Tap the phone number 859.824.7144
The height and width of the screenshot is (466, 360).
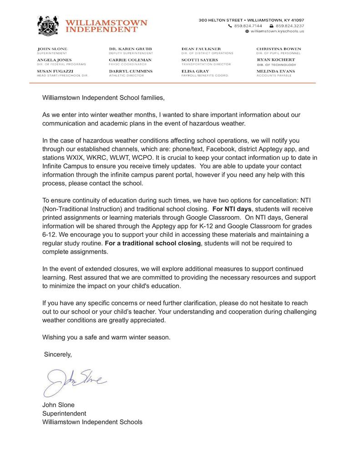pos(248,26)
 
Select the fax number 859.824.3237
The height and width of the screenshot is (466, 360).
pos(290,26)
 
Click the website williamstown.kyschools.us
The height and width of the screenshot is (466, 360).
pos(277,31)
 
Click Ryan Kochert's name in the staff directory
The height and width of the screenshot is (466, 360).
pos(276,60)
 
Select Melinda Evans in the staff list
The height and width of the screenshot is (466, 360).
pos(275,71)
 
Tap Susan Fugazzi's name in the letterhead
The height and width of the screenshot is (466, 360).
pos(53,71)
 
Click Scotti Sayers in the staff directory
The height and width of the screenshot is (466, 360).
pos(199,60)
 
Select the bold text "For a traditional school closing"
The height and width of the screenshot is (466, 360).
pos(152,243)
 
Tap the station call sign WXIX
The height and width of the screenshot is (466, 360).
pos(81,157)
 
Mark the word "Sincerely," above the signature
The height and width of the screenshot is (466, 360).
pos(58,354)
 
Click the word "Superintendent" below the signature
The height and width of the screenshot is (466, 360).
pos(64,413)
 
